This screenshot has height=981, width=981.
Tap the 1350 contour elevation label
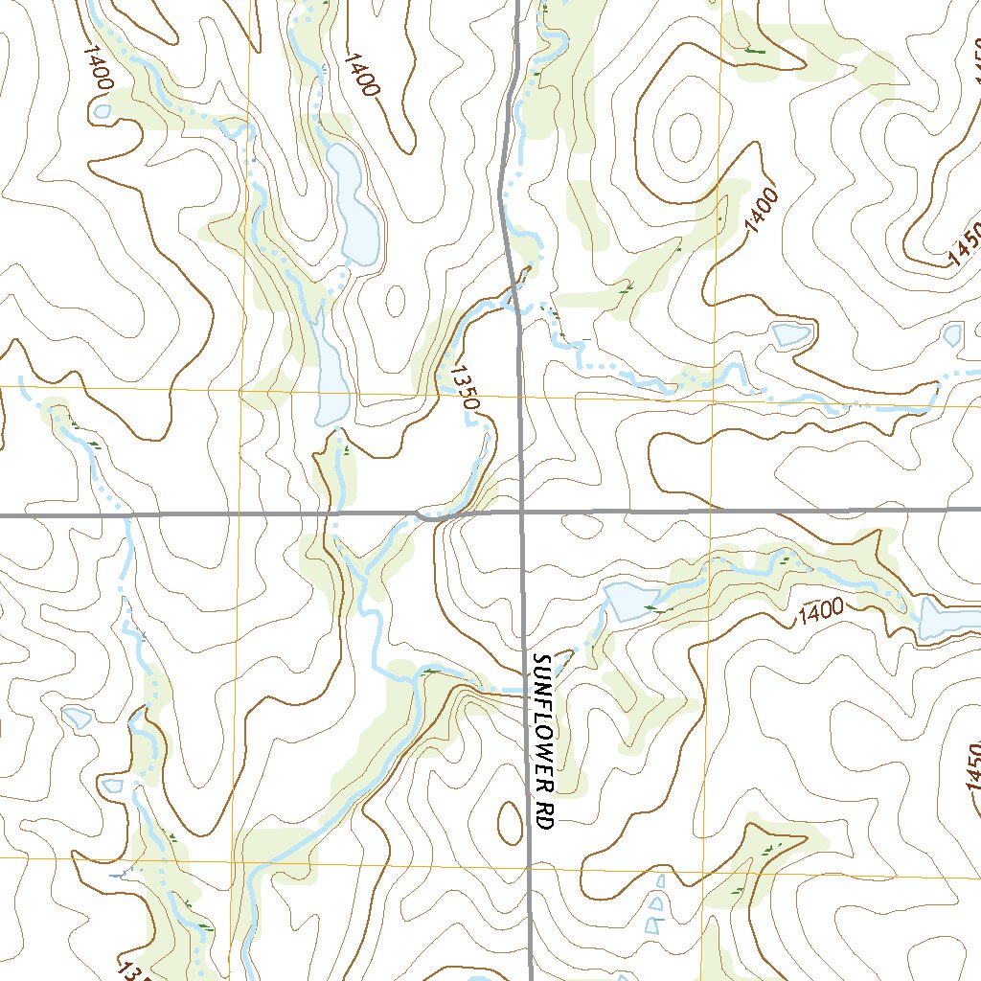pyautogui.click(x=463, y=387)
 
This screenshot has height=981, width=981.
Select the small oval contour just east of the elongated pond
pyautogui.click(x=395, y=300)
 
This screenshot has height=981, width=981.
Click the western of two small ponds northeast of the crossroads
pyautogui.click(x=791, y=334)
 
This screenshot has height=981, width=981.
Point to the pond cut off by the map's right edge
pyautogui.click(x=948, y=618)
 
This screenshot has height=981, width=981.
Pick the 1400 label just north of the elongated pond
pyautogui.click(x=361, y=75)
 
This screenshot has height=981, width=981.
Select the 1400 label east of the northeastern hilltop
pyautogui.click(x=762, y=211)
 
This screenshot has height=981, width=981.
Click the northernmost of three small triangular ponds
pyautogui.click(x=659, y=880)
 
